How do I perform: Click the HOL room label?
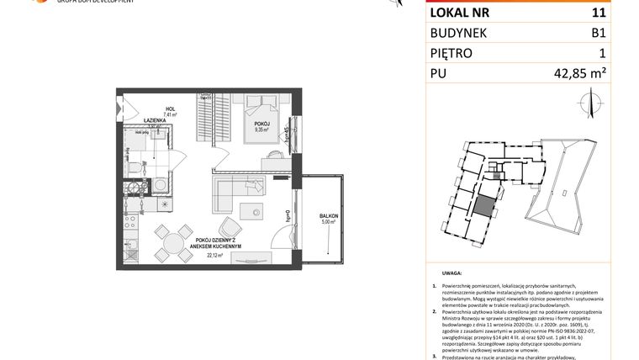point(169,109)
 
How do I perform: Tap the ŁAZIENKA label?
point(153,121)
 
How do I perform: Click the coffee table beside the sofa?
point(250,210)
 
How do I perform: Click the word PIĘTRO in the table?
point(452,54)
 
